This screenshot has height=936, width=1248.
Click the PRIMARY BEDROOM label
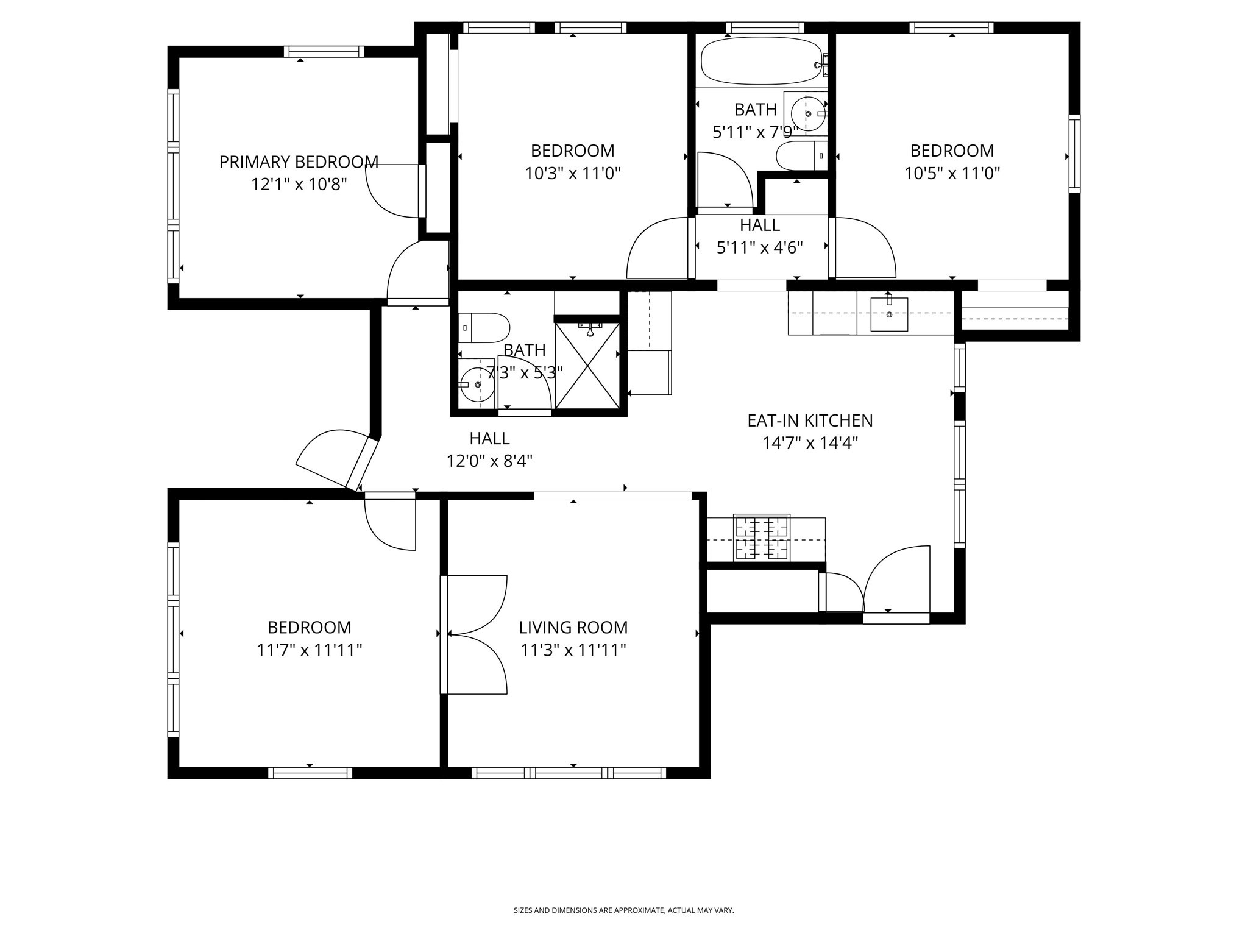coord(299,162)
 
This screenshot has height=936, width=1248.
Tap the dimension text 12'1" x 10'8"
coord(299,185)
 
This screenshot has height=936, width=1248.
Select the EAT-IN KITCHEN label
coord(810,420)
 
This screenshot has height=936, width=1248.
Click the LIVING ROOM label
coord(573,627)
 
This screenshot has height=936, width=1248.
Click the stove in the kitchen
coord(762,537)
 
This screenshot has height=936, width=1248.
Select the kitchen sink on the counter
coord(888,314)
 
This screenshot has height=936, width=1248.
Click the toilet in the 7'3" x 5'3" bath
coord(484,328)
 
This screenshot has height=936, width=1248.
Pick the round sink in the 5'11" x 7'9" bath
coord(807,114)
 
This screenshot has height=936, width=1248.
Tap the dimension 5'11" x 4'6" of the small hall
coord(759,247)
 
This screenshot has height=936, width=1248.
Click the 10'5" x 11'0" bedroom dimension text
coord(952,174)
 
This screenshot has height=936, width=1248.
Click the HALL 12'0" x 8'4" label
coord(489,450)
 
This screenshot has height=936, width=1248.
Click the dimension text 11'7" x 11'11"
coord(309,650)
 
